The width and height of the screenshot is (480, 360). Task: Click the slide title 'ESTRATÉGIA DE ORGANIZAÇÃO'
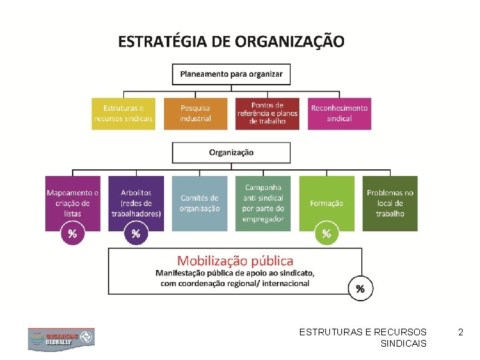tap(231, 42)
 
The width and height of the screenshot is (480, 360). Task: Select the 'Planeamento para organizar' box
tap(231, 73)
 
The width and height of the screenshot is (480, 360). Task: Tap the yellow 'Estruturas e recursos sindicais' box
tap(123, 113)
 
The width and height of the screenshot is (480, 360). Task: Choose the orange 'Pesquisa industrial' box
tap(195, 113)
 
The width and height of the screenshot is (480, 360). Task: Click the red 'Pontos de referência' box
tap(267, 113)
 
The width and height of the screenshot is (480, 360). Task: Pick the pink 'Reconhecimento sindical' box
tap(339, 113)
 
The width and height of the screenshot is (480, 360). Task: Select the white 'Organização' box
tap(231, 152)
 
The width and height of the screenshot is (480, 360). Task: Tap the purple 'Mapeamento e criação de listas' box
tap(73, 200)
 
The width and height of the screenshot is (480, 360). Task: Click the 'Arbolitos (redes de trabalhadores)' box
tap(136, 200)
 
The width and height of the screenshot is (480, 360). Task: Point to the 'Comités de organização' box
tap(199, 203)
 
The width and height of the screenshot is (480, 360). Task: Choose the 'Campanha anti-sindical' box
tap(263, 203)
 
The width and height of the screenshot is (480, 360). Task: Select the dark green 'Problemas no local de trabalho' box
tap(390, 203)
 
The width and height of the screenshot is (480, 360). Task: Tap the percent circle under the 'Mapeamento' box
tap(73, 233)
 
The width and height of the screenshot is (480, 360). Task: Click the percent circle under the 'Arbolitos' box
tap(136, 233)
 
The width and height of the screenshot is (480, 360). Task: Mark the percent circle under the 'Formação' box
tap(327, 233)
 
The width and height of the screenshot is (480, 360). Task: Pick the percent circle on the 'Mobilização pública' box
tap(360, 289)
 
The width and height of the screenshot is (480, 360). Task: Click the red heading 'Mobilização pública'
tap(235, 261)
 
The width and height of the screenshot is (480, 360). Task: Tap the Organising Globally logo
tap(61, 339)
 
